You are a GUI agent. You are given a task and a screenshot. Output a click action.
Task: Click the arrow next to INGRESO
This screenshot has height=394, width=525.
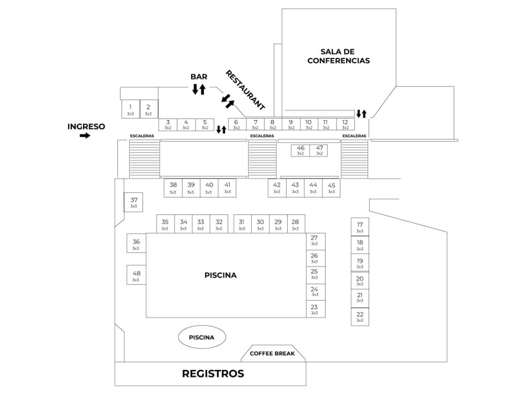(x=85, y=136)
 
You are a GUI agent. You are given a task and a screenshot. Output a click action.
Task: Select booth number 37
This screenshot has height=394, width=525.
(x=134, y=202)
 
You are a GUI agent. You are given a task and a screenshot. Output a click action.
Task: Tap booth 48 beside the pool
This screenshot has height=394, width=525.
(x=136, y=275)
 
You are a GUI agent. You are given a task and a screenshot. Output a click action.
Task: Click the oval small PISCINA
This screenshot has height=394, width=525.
(x=201, y=338)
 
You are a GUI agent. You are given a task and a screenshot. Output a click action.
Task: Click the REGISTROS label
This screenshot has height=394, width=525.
(x=213, y=374)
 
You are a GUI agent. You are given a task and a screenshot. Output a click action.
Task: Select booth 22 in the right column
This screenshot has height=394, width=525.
(x=359, y=317)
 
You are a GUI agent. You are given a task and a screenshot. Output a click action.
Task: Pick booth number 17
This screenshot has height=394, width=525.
(x=359, y=227)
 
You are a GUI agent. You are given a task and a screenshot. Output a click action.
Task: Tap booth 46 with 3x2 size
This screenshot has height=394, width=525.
(x=301, y=150)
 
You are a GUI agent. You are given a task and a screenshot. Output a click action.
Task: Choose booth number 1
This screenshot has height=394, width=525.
(x=130, y=109)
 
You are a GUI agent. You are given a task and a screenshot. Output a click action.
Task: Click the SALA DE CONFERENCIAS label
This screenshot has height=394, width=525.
(x=338, y=56)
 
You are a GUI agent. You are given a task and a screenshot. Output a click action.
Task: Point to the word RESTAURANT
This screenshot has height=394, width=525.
(x=245, y=90)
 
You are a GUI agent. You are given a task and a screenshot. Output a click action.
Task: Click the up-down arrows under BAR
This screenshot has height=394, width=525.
(x=199, y=89)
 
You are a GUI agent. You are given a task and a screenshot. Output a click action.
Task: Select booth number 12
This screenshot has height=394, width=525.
(x=345, y=124)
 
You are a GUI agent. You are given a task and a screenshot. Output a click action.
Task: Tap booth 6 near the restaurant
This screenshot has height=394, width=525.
(x=236, y=124)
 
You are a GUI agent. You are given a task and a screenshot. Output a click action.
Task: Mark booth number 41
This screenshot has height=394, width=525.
(x=227, y=187)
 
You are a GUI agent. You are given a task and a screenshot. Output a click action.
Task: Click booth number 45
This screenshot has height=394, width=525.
(x=331, y=187)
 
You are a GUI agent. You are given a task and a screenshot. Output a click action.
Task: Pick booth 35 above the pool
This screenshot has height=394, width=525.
(x=165, y=224)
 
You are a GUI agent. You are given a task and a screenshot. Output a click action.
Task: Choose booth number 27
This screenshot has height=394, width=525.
(x=314, y=240)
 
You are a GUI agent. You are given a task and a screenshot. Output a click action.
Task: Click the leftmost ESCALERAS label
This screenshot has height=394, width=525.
(x=141, y=136)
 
